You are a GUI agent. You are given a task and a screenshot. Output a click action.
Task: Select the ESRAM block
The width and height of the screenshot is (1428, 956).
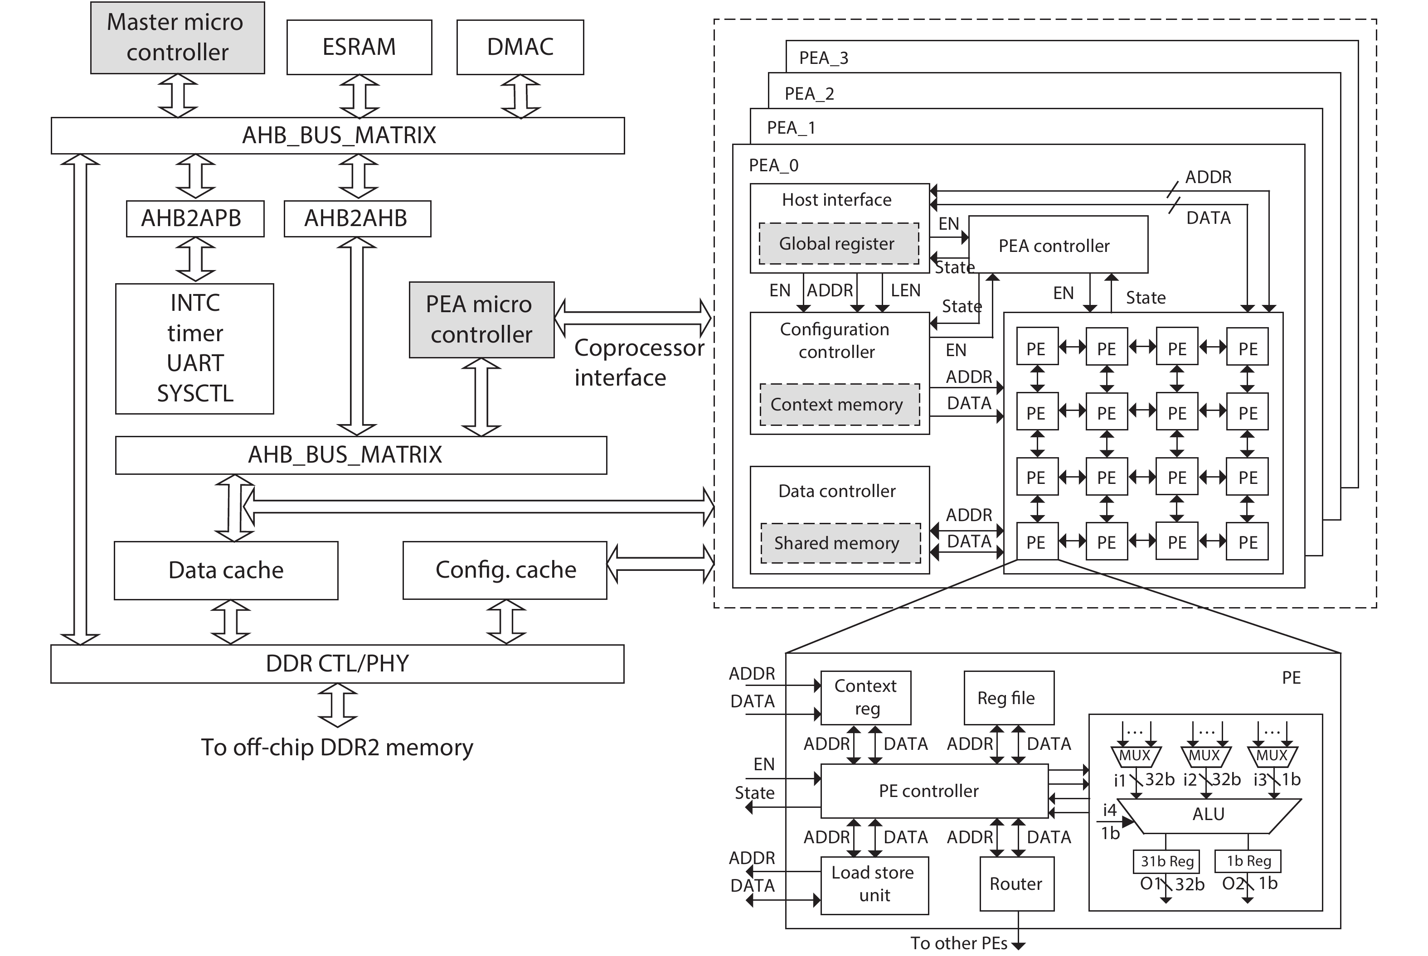point(359,47)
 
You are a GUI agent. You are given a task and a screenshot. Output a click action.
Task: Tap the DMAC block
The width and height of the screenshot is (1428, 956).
point(520,47)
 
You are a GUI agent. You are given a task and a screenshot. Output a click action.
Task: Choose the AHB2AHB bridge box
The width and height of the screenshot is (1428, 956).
point(357,218)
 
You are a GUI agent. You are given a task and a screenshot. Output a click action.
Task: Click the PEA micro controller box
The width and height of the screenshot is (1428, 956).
point(481,319)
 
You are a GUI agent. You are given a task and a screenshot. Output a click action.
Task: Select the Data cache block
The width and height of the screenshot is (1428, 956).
point(226,570)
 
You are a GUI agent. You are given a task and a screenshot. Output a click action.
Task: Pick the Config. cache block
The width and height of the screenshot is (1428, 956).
point(505,570)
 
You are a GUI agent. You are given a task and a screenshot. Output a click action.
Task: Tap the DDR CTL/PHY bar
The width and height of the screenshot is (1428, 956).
point(337,663)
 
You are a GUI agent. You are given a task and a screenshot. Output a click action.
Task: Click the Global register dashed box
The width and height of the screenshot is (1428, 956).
point(839,244)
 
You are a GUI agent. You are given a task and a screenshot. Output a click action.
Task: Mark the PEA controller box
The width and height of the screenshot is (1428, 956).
point(1058,245)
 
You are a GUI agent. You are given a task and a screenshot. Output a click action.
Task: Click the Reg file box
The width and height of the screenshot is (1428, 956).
point(1008,698)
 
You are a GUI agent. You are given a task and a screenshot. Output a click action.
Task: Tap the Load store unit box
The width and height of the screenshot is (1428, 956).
point(874,885)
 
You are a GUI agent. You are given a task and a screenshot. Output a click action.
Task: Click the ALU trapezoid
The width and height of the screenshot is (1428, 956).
point(1208,815)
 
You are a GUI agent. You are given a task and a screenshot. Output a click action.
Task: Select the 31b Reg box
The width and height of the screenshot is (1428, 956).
point(1166,861)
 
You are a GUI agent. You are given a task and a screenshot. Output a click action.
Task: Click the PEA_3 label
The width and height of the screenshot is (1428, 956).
point(824,58)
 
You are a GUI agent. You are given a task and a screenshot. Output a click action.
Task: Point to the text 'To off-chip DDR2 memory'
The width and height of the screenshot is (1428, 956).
point(337,748)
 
